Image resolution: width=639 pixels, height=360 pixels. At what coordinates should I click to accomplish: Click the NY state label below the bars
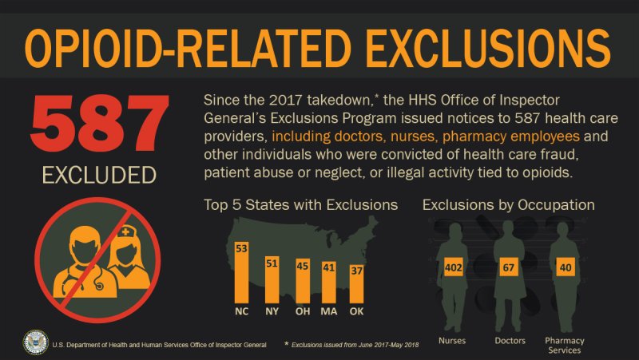(x=272, y=311)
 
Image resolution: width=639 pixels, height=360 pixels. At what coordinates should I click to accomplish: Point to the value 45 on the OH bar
(x=303, y=266)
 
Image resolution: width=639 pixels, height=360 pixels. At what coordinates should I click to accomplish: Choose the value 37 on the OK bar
(x=357, y=271)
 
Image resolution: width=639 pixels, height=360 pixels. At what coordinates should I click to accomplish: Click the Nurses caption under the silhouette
(x=454, y=341)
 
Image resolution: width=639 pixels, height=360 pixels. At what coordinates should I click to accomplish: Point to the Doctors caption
(x=510, y=341)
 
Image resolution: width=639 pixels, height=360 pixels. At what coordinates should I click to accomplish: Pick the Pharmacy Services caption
(x=565, y=345)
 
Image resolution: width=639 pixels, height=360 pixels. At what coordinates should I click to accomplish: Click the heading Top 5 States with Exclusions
(x=301, y=205)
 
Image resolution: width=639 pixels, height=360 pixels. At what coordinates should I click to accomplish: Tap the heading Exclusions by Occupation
(x=508, y=205)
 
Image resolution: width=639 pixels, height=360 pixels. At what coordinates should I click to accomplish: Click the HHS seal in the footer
(x=35, y=342)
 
